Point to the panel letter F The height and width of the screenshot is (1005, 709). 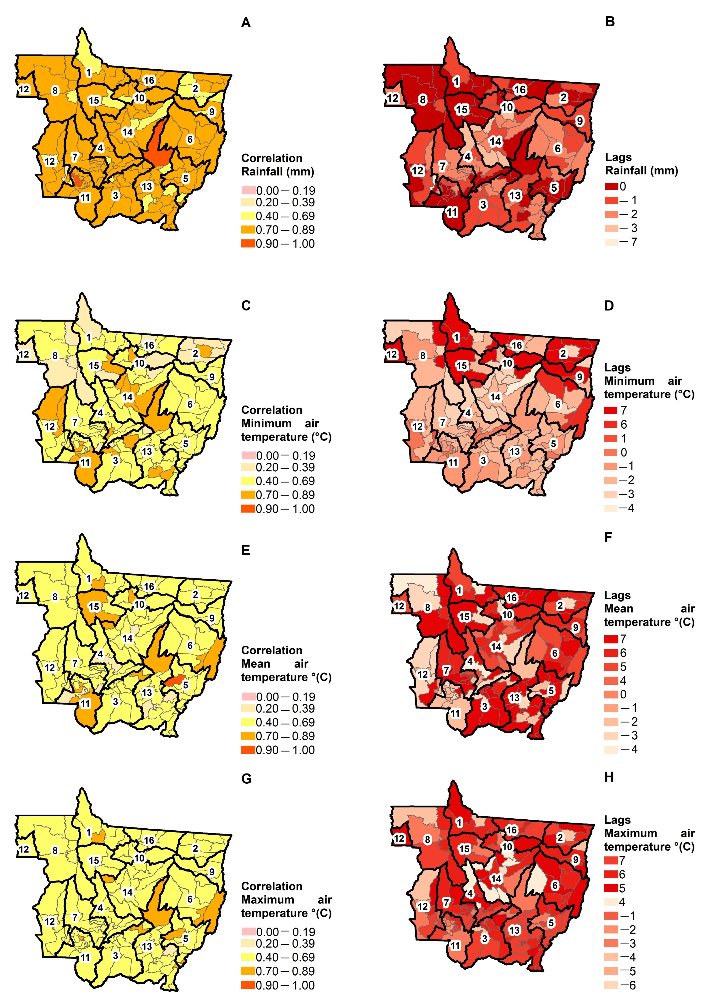[608, 537]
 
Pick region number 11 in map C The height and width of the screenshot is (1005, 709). [85, 462]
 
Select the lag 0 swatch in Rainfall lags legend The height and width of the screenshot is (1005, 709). [611, 187]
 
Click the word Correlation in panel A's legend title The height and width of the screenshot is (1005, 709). [271, 158]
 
